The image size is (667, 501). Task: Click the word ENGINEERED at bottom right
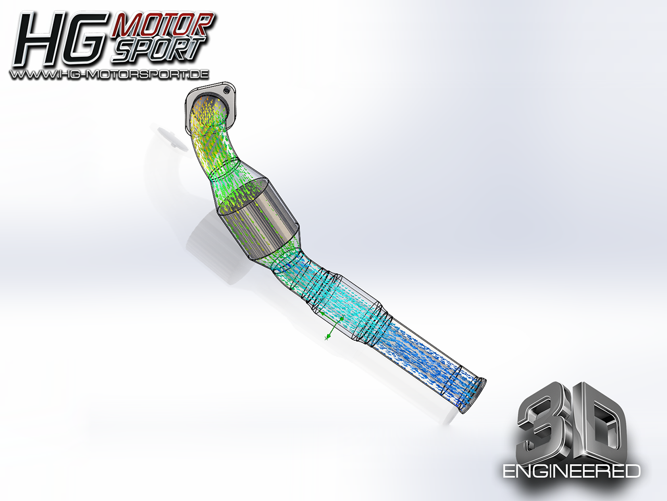click(x=571, y=471)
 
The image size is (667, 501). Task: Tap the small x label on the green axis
click(x=326, y=338)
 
